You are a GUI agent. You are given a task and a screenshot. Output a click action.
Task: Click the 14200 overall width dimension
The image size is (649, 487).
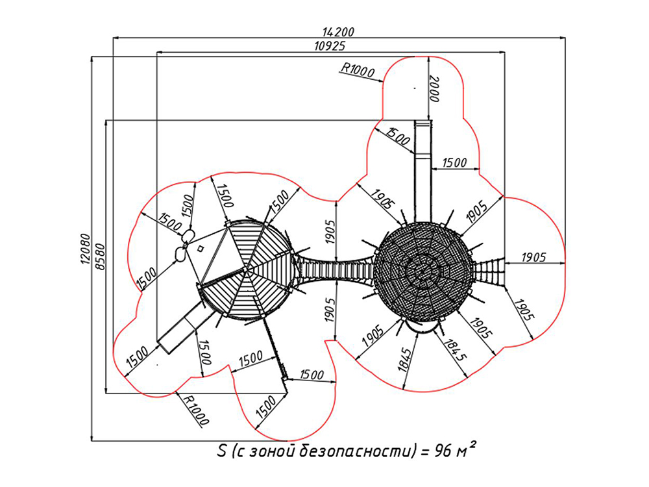point(338,31)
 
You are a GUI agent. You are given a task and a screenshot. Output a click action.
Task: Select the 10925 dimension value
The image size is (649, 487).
point(330,45)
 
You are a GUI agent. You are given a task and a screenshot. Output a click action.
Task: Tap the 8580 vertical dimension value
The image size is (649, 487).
point(100,257)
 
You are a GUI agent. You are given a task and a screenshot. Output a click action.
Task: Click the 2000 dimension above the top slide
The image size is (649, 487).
point(434,88)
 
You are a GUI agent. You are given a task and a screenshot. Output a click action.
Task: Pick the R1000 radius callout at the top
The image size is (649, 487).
point(357,70)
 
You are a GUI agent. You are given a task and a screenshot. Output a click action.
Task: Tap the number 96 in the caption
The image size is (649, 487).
point(443,451)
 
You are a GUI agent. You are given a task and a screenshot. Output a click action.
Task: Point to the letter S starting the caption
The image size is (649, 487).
point(222,451)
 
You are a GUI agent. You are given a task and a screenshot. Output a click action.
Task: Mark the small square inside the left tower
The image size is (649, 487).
point(201,249)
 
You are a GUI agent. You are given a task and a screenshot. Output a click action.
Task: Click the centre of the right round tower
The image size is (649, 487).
point(422,271)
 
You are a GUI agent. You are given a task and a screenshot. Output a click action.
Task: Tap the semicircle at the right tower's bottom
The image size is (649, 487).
point(421,327)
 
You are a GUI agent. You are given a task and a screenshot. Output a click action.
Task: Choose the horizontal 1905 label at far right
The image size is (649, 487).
point(533,257)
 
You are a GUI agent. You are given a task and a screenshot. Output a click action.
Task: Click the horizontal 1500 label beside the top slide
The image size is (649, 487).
point(454,162)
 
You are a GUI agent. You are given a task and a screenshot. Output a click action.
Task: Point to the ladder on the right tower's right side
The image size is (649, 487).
point(489,271)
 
